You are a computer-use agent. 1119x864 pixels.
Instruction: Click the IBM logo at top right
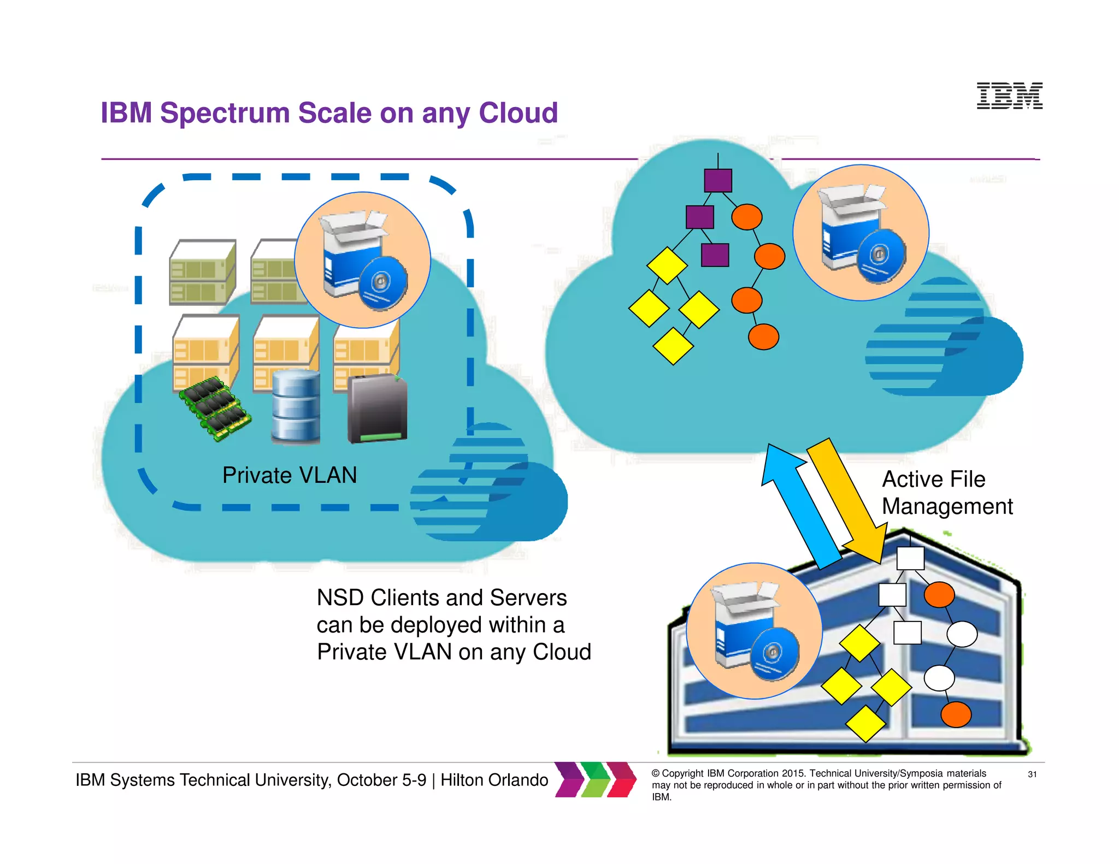(x=1009, y=96)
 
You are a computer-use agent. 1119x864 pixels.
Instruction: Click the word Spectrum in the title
(x=225, y=113)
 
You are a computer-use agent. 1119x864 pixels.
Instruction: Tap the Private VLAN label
(x=290, y=475)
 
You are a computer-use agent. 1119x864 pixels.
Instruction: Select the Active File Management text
(x=947, y=493)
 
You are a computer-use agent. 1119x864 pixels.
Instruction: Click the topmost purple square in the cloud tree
(x=718, y=180)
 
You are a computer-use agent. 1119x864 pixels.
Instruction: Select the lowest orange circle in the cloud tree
(x=763, y=336)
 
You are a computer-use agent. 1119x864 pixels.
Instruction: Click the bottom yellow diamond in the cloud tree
(x=673, y=346)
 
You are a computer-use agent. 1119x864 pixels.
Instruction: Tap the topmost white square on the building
(x=910, y=558)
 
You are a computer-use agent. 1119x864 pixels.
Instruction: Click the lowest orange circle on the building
(x=956, y=714)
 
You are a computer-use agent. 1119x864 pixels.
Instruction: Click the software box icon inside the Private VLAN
(x=362, y=260)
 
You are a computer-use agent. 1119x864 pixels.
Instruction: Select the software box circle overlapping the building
(x=754, y=631)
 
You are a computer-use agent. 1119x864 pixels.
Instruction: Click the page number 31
(x=1032, y=774)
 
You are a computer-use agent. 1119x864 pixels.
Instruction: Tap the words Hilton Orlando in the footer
(x=494, y=780)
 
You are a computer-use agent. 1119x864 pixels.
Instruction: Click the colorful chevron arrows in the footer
(x=596, y=779)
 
